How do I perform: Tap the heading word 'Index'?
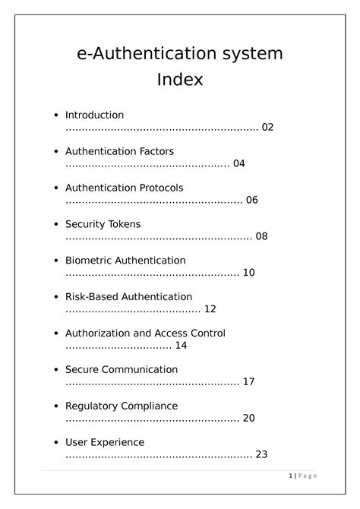[x=180, y=79]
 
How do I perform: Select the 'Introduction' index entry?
[x=94, y=115]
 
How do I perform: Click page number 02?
[x=267, y=127]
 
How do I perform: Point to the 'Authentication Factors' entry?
[x=119, y=151]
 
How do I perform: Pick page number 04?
[x=239, y=163]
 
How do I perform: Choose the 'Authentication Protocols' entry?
[x=124, y=188]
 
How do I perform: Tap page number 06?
[x=252, y=200]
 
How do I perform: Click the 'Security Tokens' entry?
[x=103, y=224]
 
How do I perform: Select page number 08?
[x=261, y=236]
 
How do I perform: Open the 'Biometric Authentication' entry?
[x=125, y=261]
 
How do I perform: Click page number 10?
[x=249, y=273]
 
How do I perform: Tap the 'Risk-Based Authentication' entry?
[x=128, y=296]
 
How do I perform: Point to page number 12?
[x=210, y=309]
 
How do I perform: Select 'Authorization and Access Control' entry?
[x=145, y=333]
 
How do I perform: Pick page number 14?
[x=181, y=346]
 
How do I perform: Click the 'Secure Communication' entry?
[x=122, y=369]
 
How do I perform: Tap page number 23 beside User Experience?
[x=261, y=454]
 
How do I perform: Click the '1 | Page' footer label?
[x=303, y=476]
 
